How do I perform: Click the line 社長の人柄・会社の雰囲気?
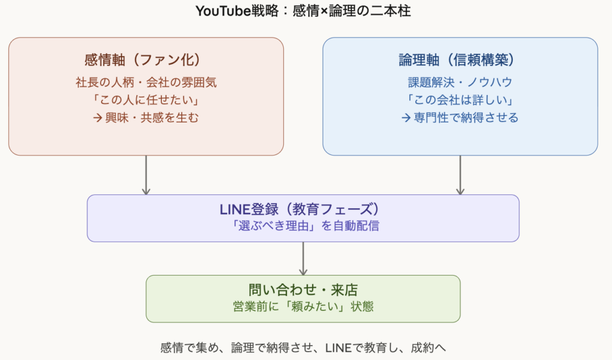point(146,82)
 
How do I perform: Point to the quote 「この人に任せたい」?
point(146,99)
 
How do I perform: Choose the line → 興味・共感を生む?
point(146,117)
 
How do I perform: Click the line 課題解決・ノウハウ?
point(460,82)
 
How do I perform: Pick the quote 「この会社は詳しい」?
point(460,99)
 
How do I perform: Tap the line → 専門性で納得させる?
point(460,117)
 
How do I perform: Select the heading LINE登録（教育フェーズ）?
point(303,210)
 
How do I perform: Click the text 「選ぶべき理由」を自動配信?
point(303,227)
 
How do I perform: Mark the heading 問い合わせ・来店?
point(303,290)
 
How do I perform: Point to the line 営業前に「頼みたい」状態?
point(303,307)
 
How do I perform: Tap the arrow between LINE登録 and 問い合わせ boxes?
point(303,258)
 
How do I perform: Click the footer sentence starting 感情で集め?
point(303,347)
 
